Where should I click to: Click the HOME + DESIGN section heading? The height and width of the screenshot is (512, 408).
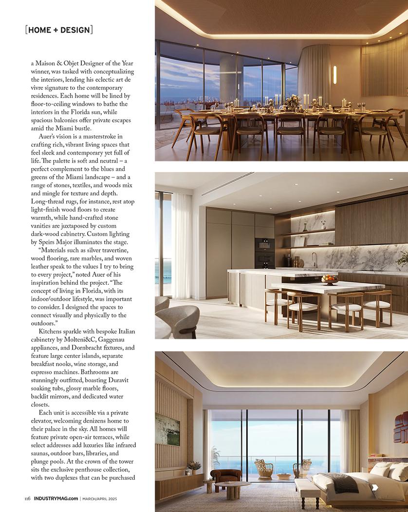[59, 30]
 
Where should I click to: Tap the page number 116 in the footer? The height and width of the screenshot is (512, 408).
[28, 498]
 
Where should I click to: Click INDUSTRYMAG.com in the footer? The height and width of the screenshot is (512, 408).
[56, 498]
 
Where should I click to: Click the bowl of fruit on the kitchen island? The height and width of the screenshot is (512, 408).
[330, 280]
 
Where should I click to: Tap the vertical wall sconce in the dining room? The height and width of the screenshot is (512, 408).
[334, 75]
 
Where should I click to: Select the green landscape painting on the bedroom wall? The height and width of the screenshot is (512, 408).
[167, 430]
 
